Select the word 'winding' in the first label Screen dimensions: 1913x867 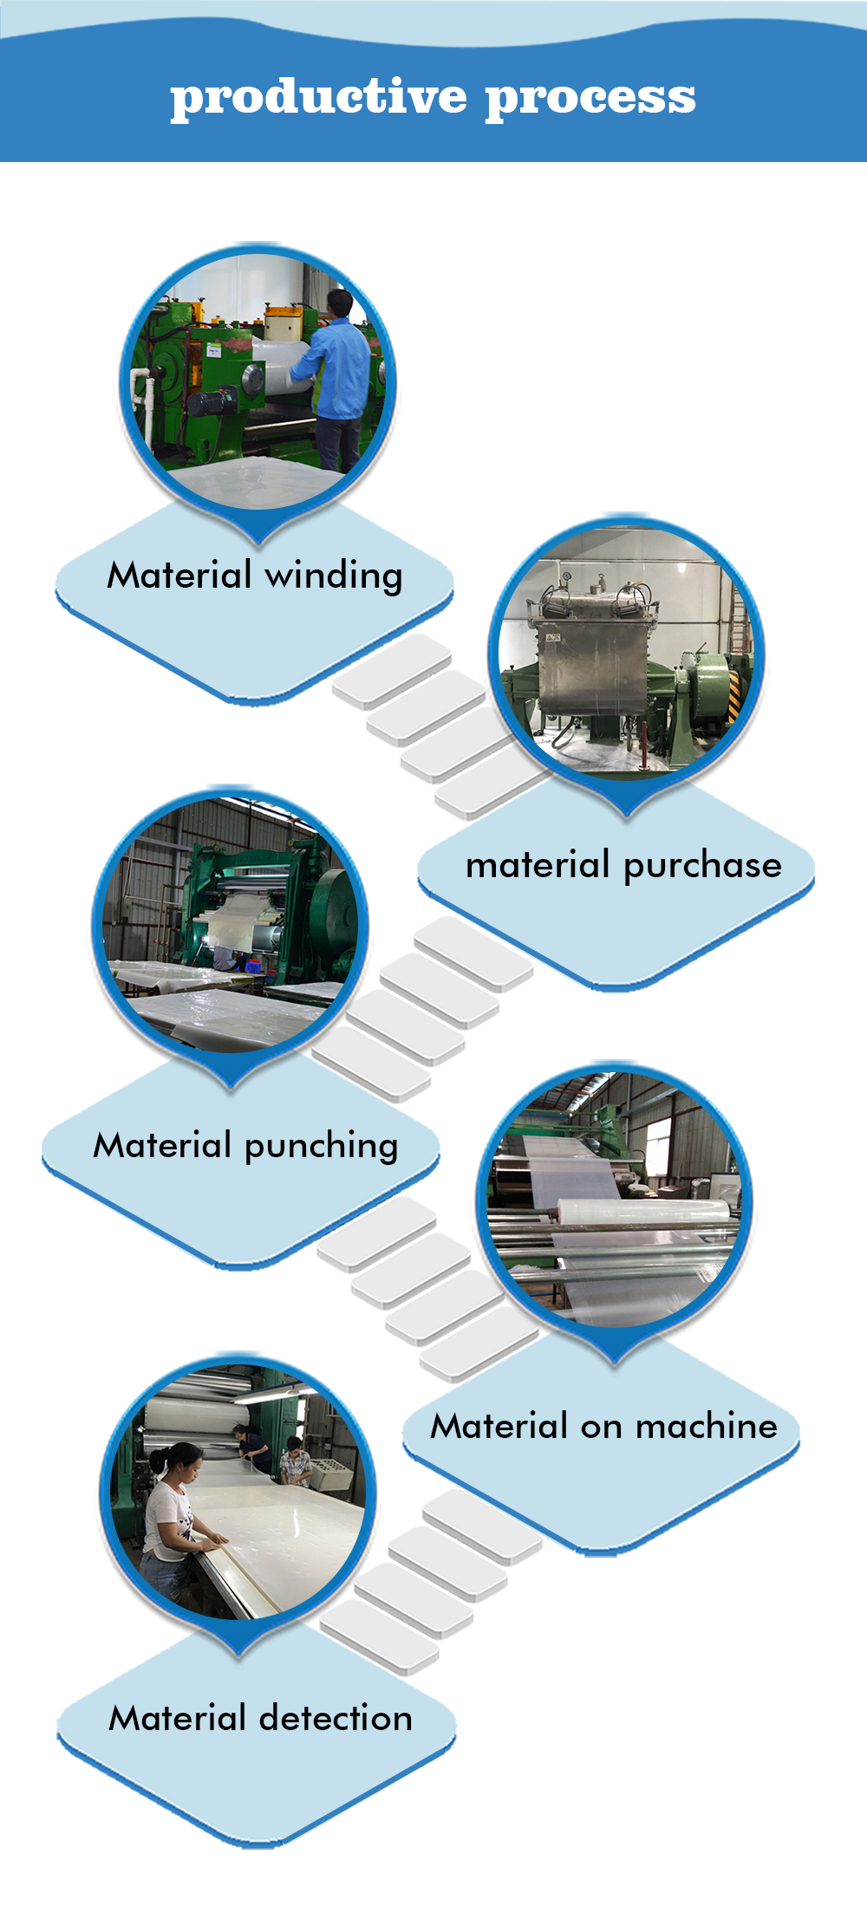(334, 576)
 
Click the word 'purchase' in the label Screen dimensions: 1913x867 (702, 866)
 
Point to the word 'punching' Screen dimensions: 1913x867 (322, 1147)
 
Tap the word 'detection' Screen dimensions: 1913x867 (337, 1718)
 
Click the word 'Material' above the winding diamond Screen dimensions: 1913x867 (179, 576)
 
